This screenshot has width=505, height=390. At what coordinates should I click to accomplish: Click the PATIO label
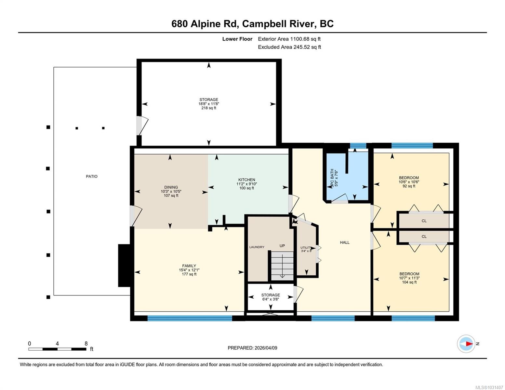91,176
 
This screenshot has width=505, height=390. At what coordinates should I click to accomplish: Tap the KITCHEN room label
246,180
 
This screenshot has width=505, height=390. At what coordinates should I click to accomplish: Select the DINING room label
171,187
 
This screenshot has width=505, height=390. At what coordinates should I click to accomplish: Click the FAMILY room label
189,266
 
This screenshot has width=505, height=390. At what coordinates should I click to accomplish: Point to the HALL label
345,242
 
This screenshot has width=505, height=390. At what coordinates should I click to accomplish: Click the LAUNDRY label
257,247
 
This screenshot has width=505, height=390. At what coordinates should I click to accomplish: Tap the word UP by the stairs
282,246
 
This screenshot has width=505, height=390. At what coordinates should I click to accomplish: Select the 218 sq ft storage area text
208,108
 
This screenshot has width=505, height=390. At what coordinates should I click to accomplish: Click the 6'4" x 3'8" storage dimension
271,299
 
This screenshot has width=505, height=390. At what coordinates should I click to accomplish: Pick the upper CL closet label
424,221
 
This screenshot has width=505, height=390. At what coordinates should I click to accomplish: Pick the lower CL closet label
424,237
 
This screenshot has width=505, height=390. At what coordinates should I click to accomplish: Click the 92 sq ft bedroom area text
409,186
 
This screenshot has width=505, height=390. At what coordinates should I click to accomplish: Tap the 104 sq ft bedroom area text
409,282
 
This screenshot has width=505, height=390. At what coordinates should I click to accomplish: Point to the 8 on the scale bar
86,344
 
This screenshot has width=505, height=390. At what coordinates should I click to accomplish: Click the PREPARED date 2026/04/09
265,348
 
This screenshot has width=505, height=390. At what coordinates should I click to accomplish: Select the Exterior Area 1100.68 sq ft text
289,39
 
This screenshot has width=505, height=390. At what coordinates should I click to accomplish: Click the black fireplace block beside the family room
124,266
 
